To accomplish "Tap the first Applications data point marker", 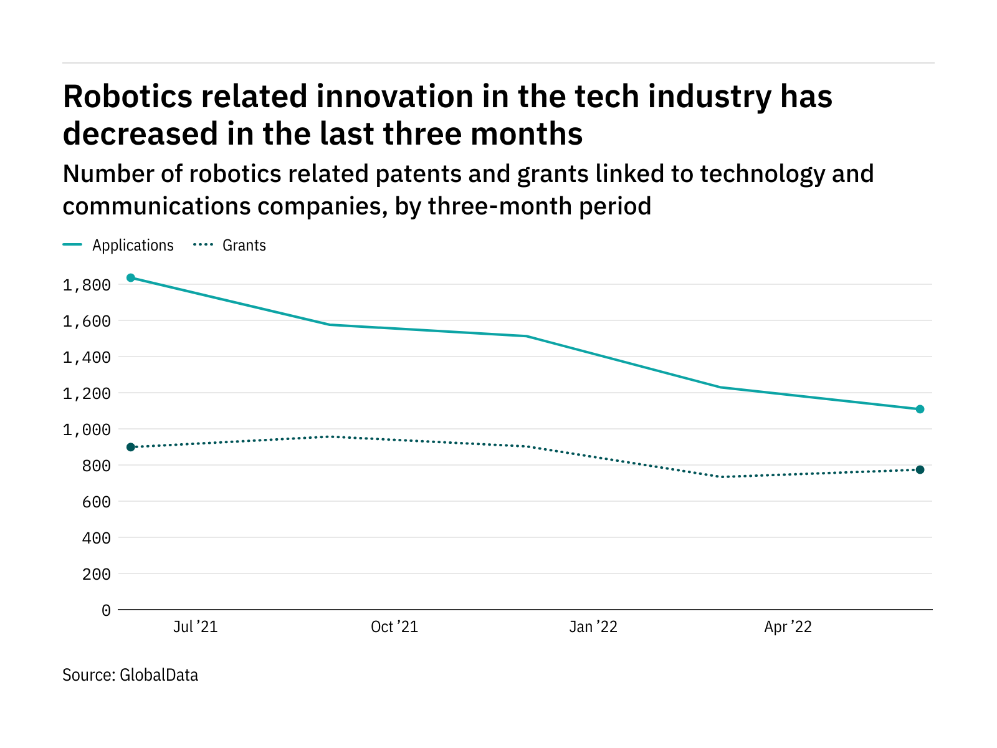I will click(x=131, y=277).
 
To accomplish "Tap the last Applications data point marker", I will click(x=920, y=410).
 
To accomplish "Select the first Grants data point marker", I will click(x=131, y=447).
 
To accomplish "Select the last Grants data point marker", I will click(x=920, y=469).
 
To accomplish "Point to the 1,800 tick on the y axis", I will click(x=87, y=285).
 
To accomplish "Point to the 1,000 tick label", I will click(x=87, y=430).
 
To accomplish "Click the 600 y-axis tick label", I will click(x=96, y=502).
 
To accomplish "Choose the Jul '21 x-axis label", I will click(x=195, y=627).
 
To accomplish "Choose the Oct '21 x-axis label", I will click(x=394, y=627).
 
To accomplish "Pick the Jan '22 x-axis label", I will click(x=593, y=627).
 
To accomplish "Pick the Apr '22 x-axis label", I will click(x=788, y=627).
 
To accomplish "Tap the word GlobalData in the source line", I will click(x=159, y=675).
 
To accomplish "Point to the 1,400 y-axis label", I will click(x=87, y=358).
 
